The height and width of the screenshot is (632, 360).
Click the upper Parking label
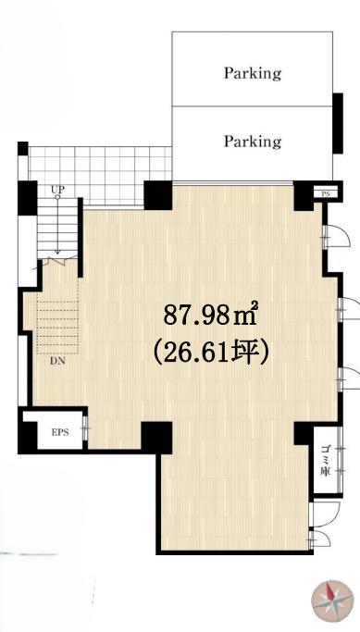click(x=253, y=73)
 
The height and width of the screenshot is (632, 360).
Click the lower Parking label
click(x=253, y=142)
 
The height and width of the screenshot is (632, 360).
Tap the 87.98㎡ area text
click(x=210, y=315)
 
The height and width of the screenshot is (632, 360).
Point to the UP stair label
click(x=57, y=190)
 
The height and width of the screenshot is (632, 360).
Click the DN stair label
click(x=57, y=361)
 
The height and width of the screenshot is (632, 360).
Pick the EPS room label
click(x=60, y=432)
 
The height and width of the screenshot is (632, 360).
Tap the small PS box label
click(x=326, y=194)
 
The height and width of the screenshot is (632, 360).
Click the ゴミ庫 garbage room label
click(x=326, y=460)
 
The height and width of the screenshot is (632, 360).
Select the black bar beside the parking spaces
click(x=338, y=123)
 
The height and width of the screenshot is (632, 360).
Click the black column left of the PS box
click(x=304, y=195)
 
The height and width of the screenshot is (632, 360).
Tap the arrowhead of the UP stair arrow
click(x=57, y=252)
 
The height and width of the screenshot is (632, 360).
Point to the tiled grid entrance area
click(x=100, y=175)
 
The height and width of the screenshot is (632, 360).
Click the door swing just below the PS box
click(x=335, y=237)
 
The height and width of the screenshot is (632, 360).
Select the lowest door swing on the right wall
click(x=320, y=539)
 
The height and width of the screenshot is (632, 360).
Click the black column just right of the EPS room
click(x=156, y=437)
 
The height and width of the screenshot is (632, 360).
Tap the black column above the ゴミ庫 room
click(x=304, y=433)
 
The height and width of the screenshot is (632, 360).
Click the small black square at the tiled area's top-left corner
click(x=23, y=148)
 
